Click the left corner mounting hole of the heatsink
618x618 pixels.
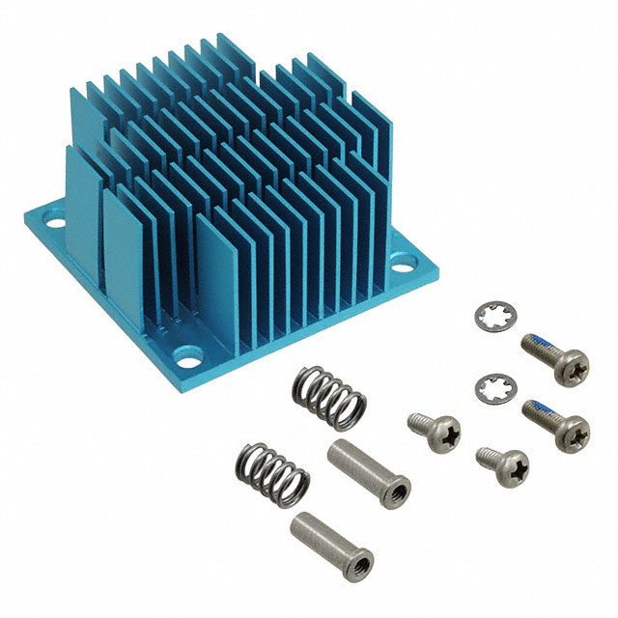55,223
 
